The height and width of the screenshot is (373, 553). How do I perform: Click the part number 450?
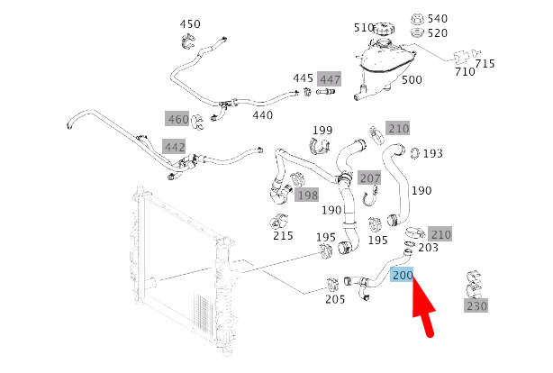[190, 24]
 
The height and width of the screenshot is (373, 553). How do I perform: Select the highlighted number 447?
[330, 78]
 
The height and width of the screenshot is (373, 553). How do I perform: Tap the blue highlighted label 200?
[403, 277]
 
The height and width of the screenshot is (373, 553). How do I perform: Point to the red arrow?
[424, 313]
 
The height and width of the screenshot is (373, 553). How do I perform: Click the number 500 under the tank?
[411, 80]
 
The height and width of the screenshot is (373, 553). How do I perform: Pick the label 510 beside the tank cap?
[364, 28]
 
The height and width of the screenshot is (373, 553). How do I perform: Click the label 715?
[485, 63]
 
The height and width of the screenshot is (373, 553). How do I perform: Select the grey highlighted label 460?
[177, 118]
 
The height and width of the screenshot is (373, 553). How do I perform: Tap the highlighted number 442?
[174, 146]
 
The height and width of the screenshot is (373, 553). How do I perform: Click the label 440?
[262, 114]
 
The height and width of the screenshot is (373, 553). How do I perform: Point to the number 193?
[432, 153]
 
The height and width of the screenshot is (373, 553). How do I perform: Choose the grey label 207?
[369, 177]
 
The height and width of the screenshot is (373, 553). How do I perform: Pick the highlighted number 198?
[307, 195]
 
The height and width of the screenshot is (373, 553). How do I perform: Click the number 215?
[283, 236]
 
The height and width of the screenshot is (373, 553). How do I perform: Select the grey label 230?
[476, 306]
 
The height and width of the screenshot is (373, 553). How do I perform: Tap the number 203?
[429, 248]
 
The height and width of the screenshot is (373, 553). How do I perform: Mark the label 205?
[336, 300]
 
